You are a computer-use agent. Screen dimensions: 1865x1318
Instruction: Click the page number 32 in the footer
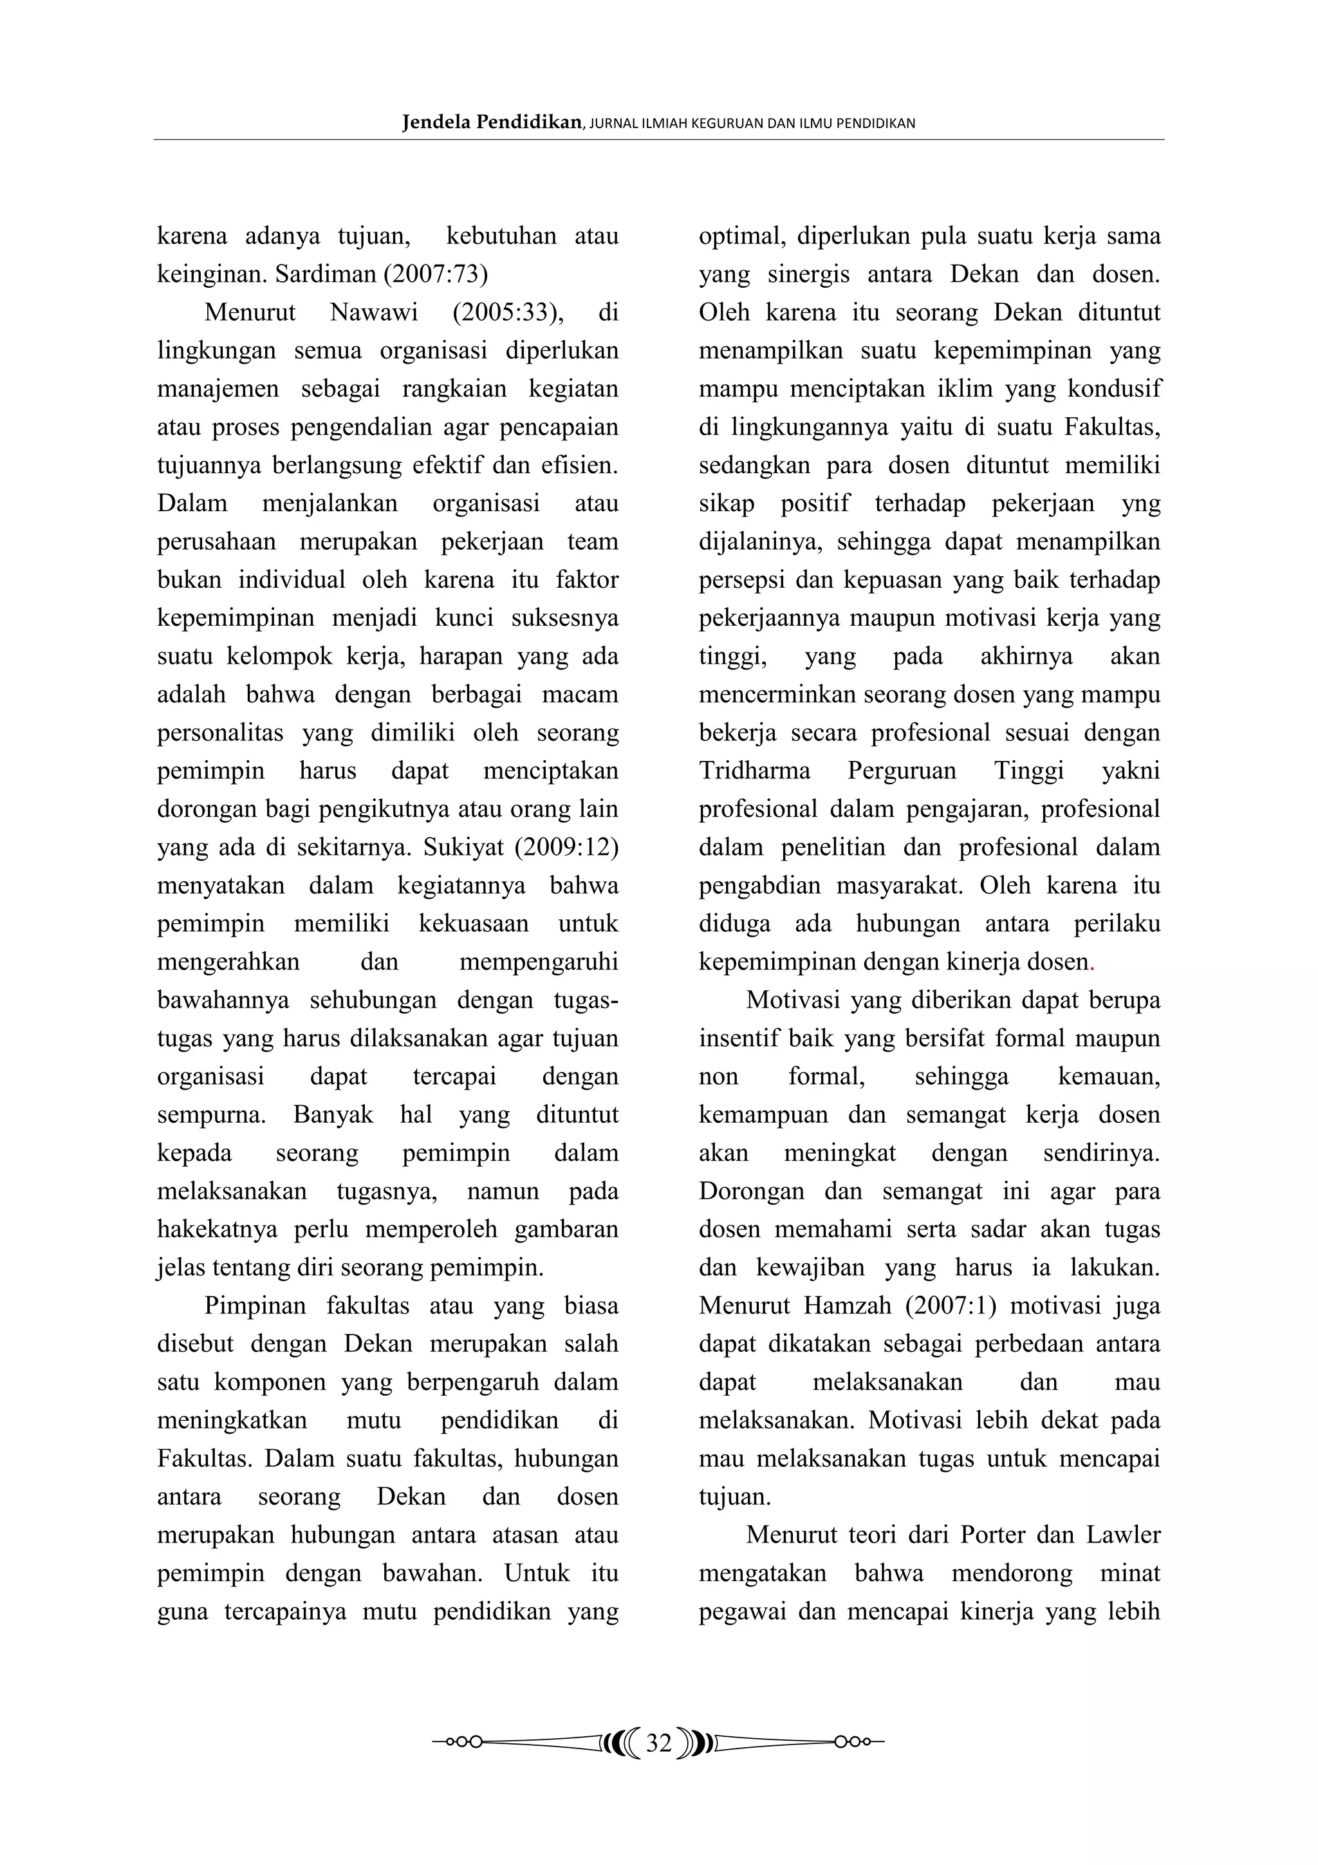click(658, 1742)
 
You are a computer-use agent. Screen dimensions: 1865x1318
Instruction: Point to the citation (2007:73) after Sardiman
click(436, 274)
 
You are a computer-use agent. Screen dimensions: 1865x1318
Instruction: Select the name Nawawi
click(373, 313)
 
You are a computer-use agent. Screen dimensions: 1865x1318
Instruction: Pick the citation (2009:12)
click(567, 847)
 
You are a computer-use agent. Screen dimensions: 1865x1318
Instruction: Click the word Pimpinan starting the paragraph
click(255, 1306)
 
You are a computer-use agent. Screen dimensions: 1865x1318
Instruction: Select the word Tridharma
click(754, 771)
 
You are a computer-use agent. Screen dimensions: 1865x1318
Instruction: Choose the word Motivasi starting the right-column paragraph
click(794, 1000)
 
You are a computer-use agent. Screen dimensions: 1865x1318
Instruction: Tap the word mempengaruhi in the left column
click(539, 962)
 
